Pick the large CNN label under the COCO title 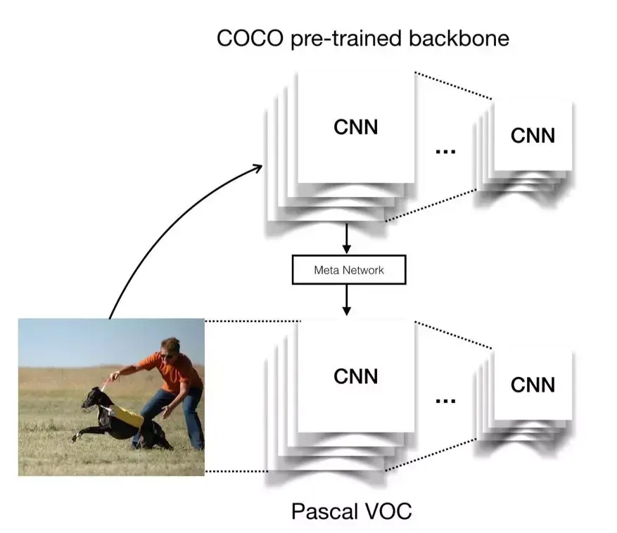pyautogui.click(x=355, y=127)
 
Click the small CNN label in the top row pyautogui.click(x=533, y=135)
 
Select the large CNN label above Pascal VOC pyautogui.click(x=355, y=376)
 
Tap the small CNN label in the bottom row pyautogui.click(x=533, y=385)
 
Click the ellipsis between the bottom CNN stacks pyautogui.click(x=445, y=400)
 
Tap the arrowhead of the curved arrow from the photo pyautogui.click(x=257, y=167)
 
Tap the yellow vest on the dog pyautogui.click(x=127, y=416)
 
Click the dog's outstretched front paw pyautogui.click(x=75, y=438)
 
